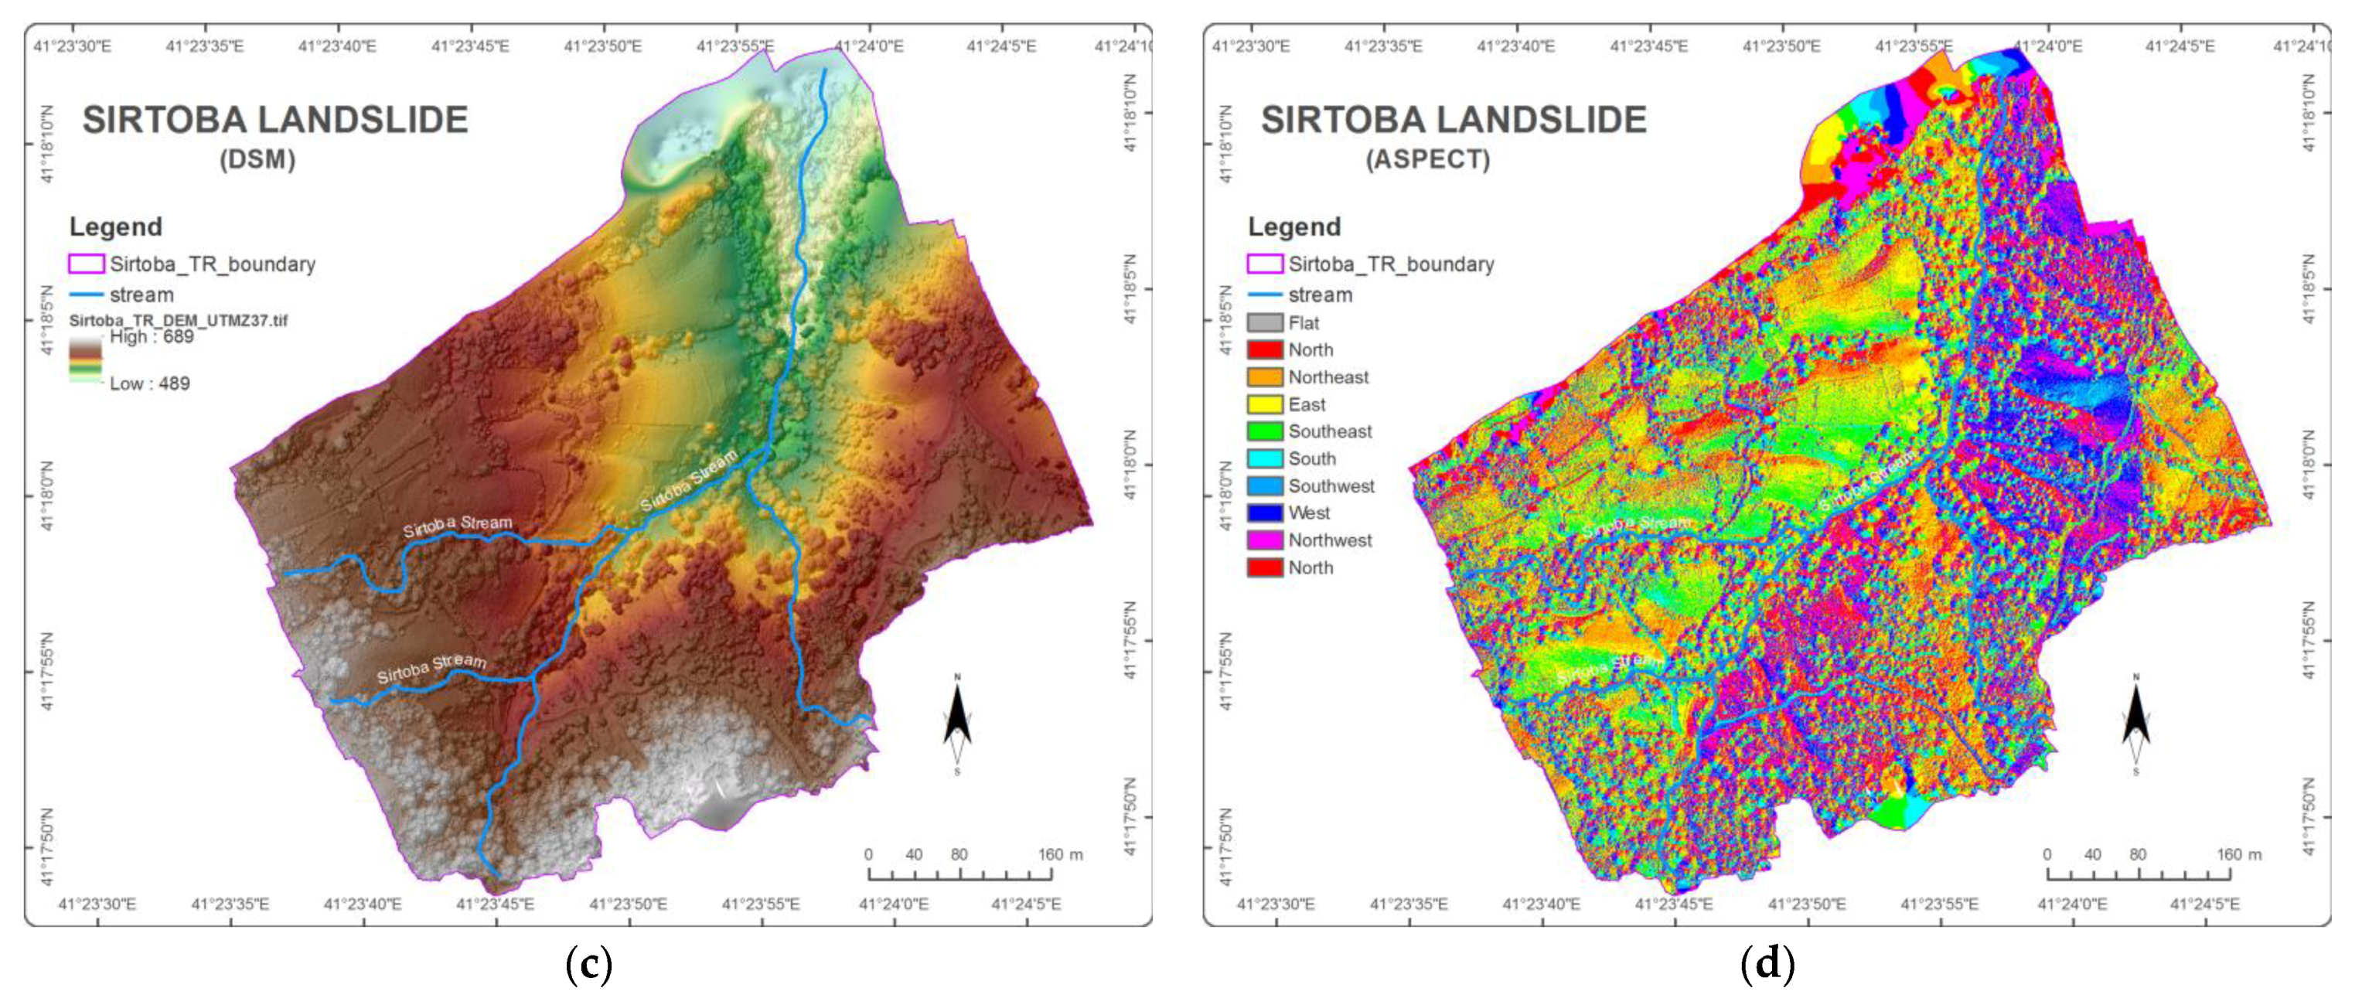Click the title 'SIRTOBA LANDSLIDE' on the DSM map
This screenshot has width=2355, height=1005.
pos(274,120)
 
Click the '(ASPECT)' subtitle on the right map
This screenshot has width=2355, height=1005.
pos(1427,159)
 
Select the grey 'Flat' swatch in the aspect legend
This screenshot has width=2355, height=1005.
pos(1264,323)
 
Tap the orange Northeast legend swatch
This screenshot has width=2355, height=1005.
pos(1264,376)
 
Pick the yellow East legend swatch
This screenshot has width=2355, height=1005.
pos(1264,404)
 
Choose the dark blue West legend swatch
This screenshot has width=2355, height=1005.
pos(1264,513)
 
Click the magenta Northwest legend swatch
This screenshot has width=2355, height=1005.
pos(1264,540)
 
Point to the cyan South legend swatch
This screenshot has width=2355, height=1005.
pos(1264,458)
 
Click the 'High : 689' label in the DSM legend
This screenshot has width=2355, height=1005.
pos(152,336)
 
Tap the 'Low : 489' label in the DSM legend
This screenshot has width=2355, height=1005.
pos(149,384)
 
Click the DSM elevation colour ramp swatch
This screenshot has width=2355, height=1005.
pos(85,359)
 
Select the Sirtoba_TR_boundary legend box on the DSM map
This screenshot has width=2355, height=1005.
pos(86,264)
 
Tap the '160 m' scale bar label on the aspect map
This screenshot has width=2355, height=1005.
pos(2238,854)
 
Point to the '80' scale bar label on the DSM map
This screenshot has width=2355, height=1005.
pos(958,854)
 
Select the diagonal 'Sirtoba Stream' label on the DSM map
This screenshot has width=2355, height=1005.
pos(687,480)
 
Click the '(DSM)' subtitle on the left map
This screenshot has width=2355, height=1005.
pos(257,159)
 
